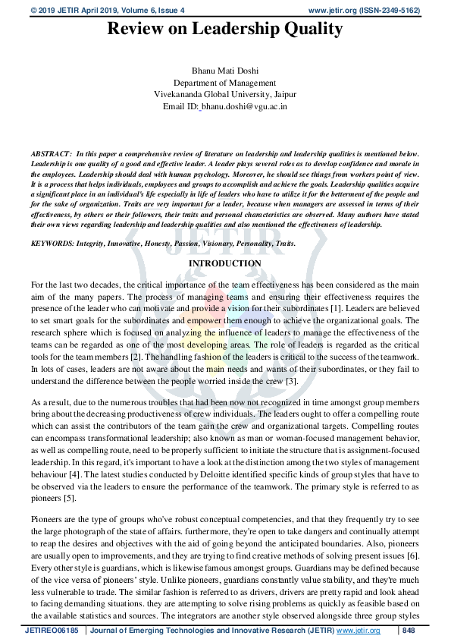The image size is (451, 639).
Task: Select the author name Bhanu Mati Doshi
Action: (224, 71)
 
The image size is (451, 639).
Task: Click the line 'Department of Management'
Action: (224, 83)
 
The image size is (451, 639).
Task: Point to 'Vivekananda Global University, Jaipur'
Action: (224, 95)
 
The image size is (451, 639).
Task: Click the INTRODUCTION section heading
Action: (224, 263)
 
